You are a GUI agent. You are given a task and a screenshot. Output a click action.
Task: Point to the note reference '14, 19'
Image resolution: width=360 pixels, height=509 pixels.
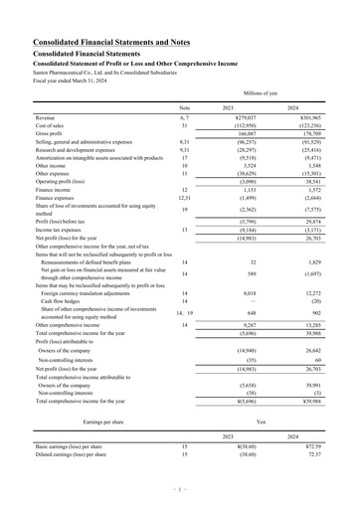[184, 312]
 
